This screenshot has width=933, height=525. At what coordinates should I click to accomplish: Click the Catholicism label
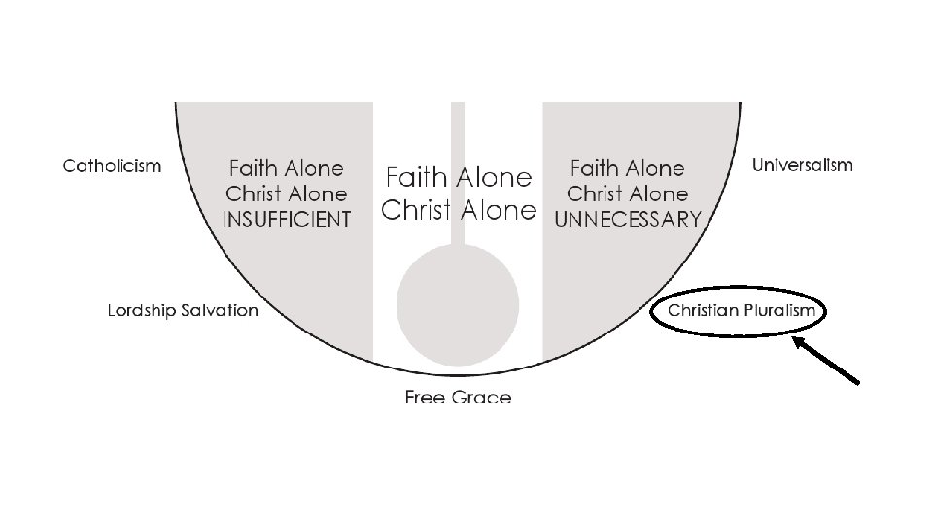click(112, 166)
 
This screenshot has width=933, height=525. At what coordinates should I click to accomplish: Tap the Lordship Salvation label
click(183, 311)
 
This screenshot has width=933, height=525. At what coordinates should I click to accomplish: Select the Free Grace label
click(458, 397)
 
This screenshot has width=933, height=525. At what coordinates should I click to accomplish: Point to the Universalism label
click(803, 165)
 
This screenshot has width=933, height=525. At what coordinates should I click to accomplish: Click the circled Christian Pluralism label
click(742, 312)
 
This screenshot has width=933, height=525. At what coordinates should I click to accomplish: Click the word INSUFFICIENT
click(287, 220)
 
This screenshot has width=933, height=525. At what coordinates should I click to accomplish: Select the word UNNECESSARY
click(627, 220)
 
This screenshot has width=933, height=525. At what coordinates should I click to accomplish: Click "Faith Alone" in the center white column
click(458, 178)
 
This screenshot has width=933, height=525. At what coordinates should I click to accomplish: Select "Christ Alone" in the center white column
click(458, 210)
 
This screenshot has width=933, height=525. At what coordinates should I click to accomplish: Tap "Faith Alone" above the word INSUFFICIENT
click(286, 168)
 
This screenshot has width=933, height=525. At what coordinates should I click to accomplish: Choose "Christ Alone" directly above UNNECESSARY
click(627, 194)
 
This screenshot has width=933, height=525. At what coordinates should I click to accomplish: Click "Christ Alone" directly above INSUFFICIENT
click(286, 193)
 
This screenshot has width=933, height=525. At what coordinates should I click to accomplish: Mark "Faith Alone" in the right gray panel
click(627, 169)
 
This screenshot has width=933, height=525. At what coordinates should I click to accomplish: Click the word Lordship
click(141, 311)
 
